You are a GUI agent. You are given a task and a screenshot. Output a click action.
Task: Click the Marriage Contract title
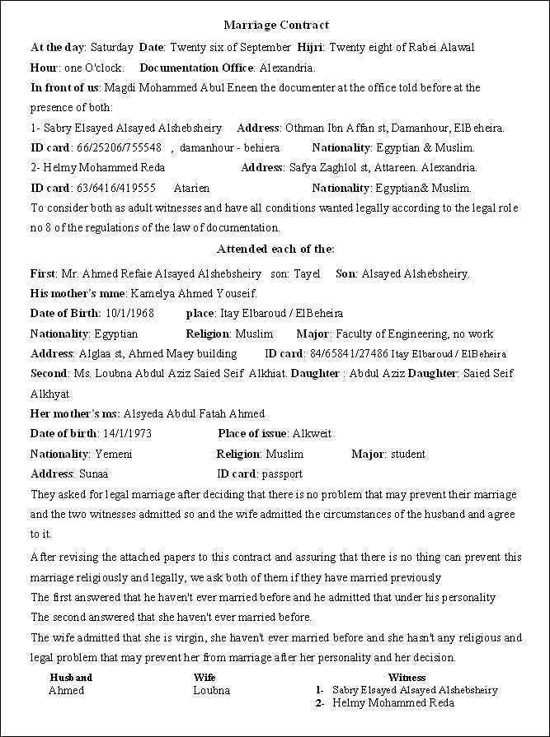[x=276, y=26]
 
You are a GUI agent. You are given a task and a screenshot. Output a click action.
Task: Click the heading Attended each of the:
[x=275, y=249]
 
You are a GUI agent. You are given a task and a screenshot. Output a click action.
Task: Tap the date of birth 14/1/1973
[x=126, y=433]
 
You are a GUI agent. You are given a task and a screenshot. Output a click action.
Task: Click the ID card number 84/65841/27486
[x=349, y=354]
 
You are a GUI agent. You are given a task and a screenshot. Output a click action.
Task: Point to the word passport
[x=283, y=473]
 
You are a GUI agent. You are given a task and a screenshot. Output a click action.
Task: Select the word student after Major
[x=407, y=454]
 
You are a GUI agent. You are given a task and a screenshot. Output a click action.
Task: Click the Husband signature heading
[x=71, y=677]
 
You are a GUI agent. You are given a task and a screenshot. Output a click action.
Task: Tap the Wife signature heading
[x=204, y=677]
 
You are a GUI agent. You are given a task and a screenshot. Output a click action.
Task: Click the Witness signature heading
[x=407, y=677]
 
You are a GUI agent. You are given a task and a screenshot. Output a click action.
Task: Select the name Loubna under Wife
[x=211, y=690]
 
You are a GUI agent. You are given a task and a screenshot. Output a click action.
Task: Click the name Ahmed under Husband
[x=66, y=690]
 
